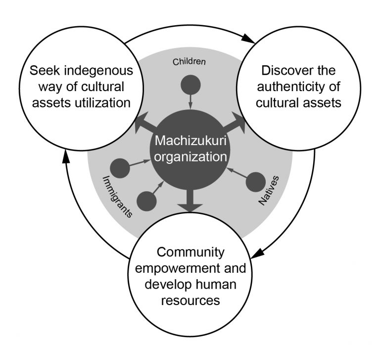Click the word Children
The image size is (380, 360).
pos(189,61)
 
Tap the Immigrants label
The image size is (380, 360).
pos(118,197)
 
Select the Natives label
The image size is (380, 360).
pos(269,191)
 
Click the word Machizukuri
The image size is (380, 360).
pos(190,141)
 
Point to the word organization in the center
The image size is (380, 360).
pos(190,156)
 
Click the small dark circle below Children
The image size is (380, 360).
pos(190,85)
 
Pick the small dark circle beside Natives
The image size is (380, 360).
pos(256,182)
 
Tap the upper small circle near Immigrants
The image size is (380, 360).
pos(120,168)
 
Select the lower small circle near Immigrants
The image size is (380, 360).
pos(146,201)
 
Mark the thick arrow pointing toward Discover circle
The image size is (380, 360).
pos(234,122)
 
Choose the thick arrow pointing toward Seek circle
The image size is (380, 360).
pos(146,123)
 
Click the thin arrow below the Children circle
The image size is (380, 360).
pos(190,102)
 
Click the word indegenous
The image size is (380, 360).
pos(98,71)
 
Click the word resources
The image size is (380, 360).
pos(190,300)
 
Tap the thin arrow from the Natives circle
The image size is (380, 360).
pos(237,173)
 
